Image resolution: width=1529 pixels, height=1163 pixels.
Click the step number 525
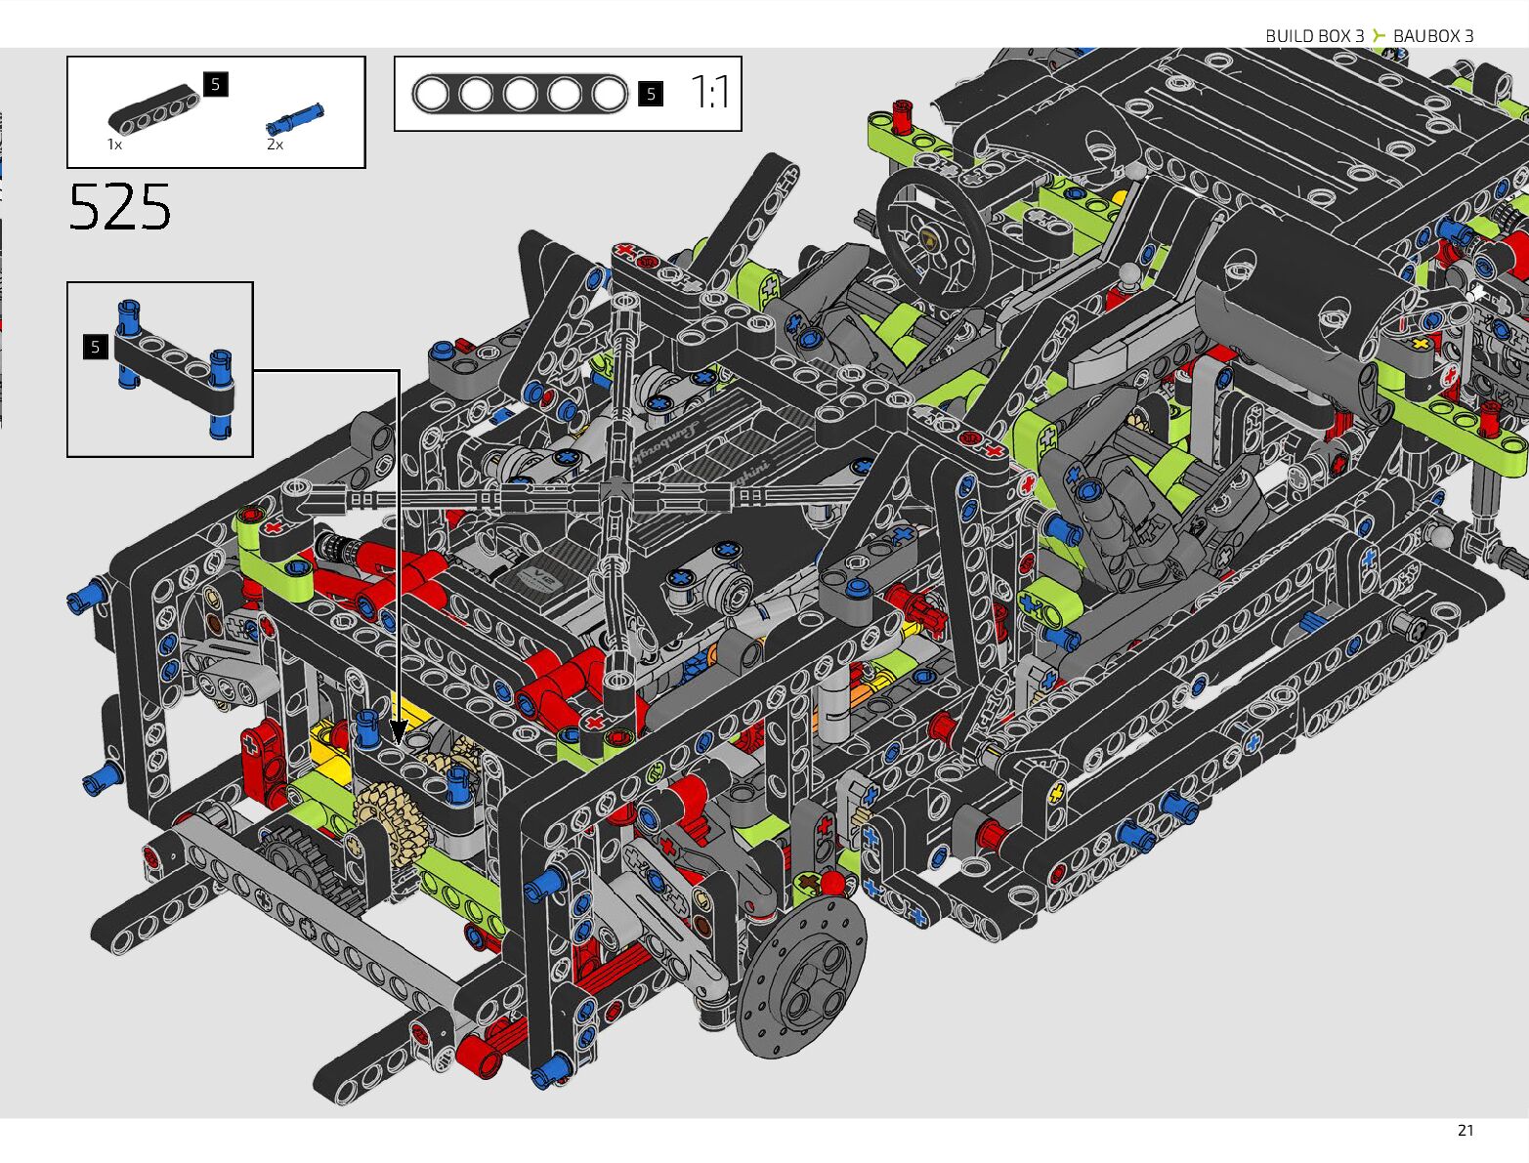[x=120, y=207]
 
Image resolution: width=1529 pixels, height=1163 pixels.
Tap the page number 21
[x=1465, y=1131]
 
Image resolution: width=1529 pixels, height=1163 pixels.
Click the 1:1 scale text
[x=710, y=93]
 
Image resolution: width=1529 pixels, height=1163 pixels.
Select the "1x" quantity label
[x=115, y=145]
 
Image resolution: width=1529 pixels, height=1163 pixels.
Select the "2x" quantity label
[x=276, y=145]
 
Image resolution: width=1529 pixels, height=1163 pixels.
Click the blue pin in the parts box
[x=295, y=119]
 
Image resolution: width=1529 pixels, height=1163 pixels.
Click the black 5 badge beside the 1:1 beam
[x=651, y=94]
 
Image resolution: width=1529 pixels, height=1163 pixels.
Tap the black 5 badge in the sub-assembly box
[x=96, y=348]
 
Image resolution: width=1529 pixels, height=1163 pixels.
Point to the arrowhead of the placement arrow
[x=399, y=732]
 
